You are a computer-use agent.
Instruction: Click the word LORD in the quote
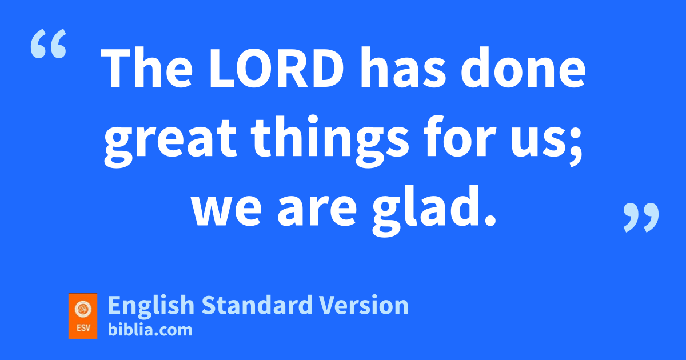(x=277, y=68)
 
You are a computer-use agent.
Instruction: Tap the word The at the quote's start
(x=146, y=67)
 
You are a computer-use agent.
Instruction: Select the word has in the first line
(x=404, y=67)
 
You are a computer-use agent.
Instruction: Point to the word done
(x=523, y=67)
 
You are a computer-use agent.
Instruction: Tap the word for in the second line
(x=460, y=136)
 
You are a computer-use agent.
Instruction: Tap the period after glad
(x=489, y=219)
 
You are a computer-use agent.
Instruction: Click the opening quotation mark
(x=49, y=43)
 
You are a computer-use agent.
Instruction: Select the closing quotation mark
(x=641, y=218)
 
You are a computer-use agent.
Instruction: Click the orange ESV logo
(x=83, y=316)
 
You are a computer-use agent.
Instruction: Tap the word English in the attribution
(x=151, y=306)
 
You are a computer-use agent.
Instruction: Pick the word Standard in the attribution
(x=257, y=305)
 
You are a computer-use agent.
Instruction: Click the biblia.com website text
(x=150, y=330)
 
